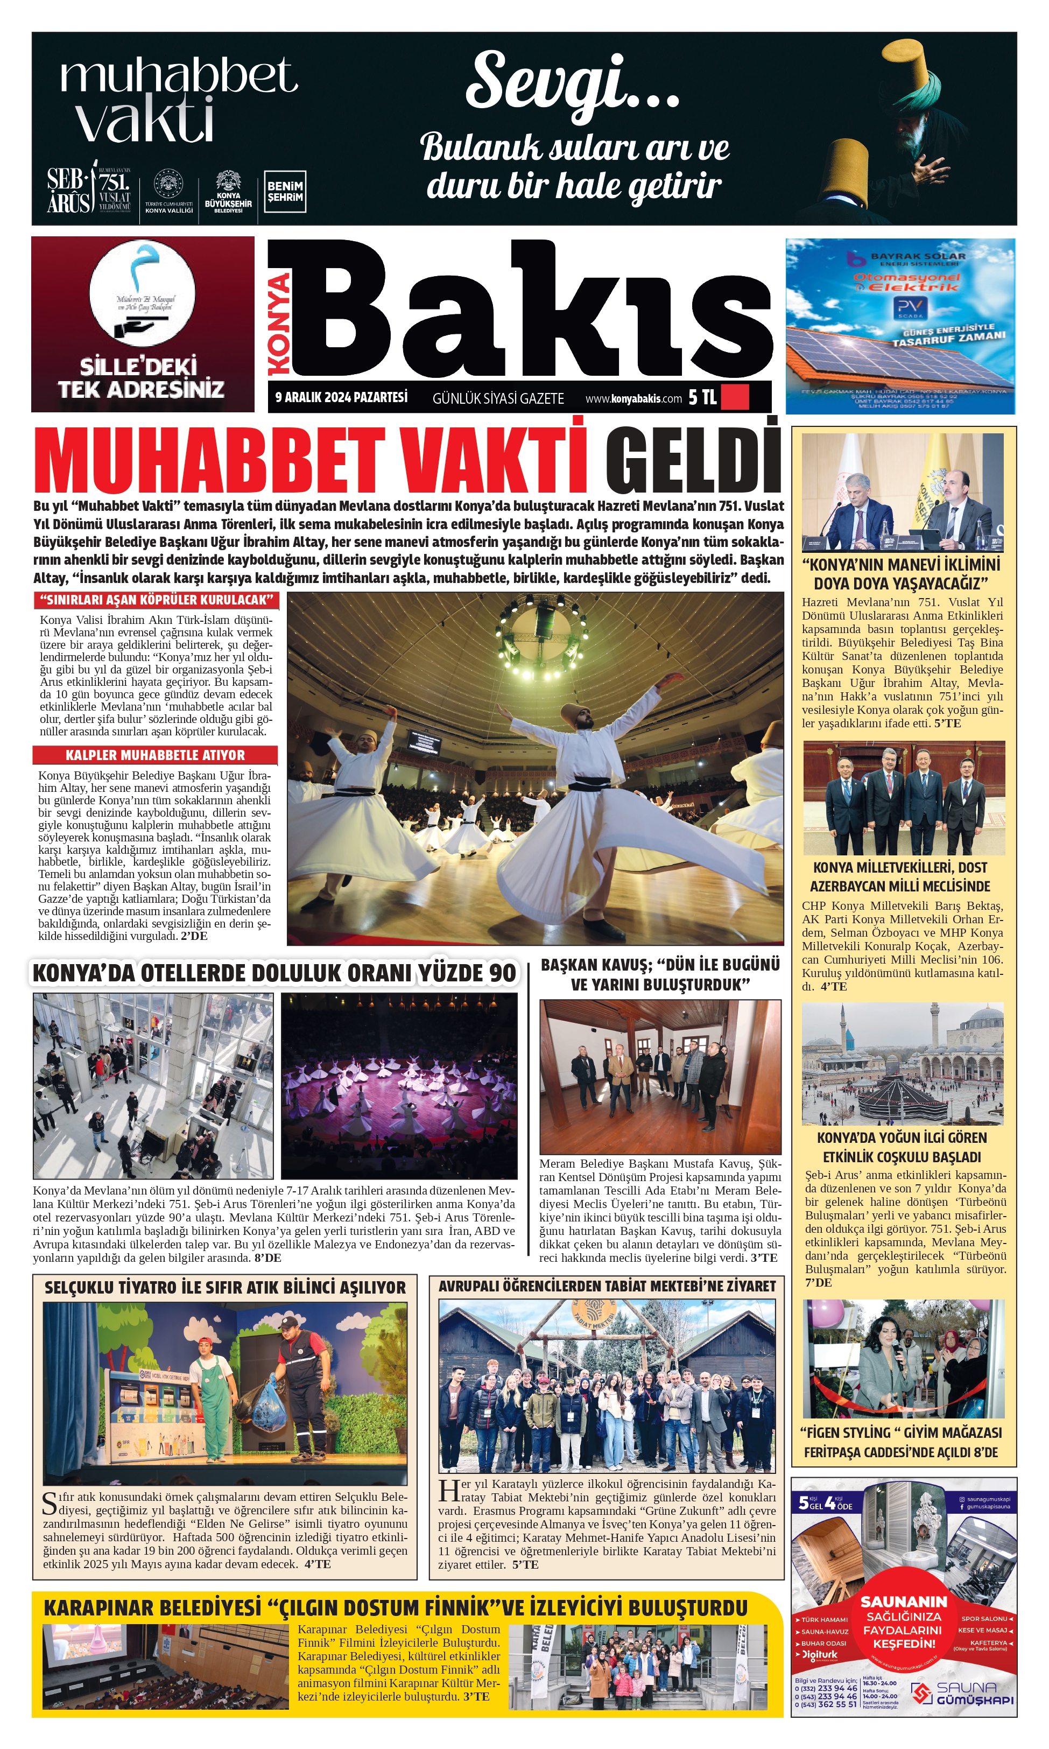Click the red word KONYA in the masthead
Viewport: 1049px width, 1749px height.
tap(279, 323)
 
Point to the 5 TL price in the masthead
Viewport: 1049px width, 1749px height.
tap(702, 397)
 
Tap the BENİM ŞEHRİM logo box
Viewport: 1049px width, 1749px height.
tap(285, 192)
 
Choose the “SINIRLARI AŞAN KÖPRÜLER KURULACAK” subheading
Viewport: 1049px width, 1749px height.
tap(156, 600)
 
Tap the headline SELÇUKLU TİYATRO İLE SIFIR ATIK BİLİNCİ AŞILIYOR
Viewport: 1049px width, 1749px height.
tap(225, 1287)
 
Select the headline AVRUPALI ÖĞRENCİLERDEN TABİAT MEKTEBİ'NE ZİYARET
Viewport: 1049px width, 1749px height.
tap(607, 1286)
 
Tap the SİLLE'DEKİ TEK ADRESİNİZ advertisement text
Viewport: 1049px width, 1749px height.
tap(142, 378)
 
